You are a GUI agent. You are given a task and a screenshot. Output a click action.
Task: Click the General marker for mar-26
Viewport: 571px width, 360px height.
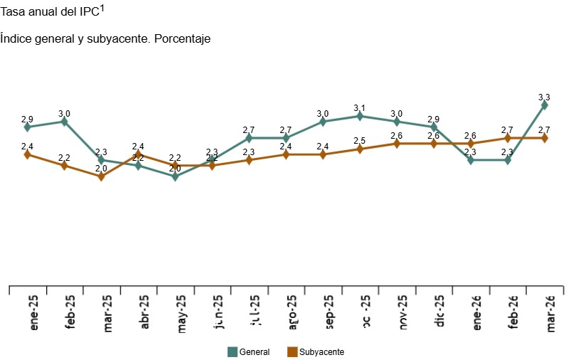click(544, 105)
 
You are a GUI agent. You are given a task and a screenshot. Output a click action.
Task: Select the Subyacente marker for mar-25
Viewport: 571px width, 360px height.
click(101, 176)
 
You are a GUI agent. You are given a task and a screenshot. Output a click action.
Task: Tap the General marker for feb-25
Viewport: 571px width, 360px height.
click(64, 122)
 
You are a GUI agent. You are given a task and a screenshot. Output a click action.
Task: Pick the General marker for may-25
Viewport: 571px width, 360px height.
click(175, 176)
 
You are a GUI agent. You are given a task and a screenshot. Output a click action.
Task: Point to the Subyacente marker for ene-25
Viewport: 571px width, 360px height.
click(27, 154)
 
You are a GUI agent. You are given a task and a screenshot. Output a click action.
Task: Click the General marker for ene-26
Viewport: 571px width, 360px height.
click(470, 160)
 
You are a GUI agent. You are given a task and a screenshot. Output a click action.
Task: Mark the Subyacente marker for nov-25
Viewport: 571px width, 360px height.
click(396, 144)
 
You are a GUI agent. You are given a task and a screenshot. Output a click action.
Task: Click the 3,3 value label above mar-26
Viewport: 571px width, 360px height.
click(544, 97)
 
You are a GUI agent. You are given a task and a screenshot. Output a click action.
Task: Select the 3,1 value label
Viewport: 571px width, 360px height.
click(359, 108)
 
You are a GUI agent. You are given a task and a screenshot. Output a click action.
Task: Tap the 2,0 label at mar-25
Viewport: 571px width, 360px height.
click(101, 169)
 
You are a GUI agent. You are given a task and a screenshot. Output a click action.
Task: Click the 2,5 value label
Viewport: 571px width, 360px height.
click(359, 141)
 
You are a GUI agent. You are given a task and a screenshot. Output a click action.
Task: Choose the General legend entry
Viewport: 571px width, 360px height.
click(248, 351)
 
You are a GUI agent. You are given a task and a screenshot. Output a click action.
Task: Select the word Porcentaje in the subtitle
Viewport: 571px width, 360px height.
click(181, 38)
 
